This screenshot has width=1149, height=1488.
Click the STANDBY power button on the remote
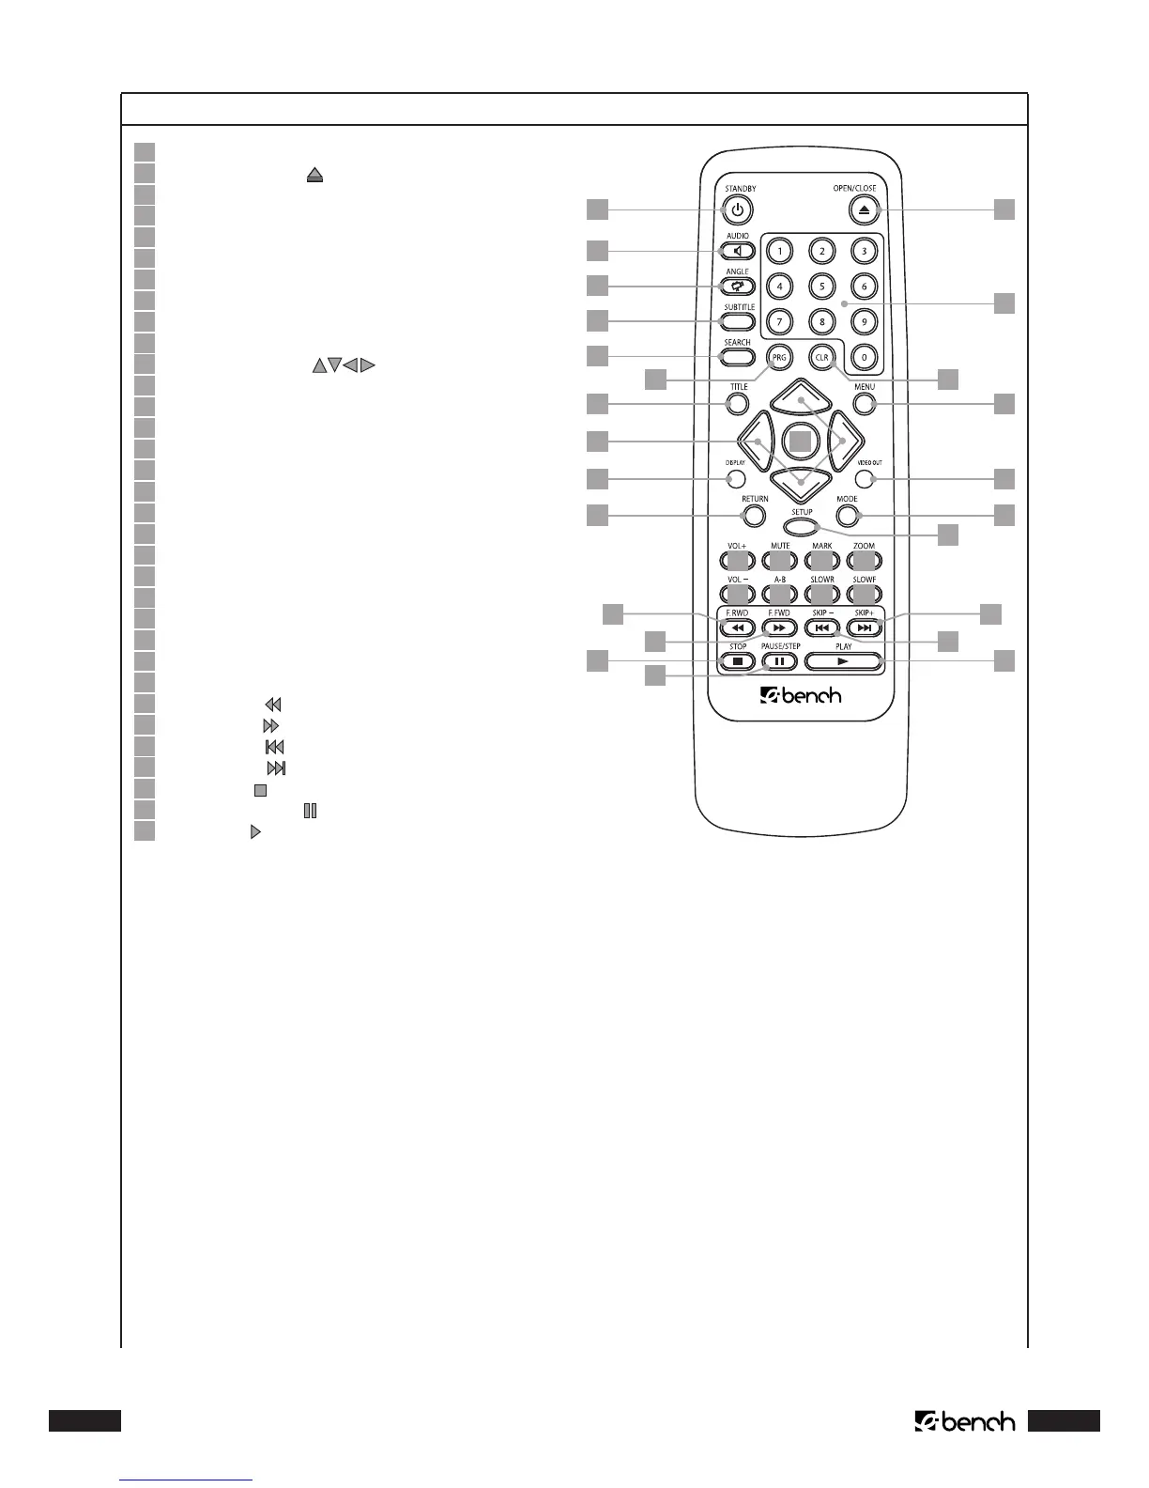click(738, 211)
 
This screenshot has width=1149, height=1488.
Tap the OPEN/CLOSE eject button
click(864, 210)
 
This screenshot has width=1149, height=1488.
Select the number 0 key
click(864, 357)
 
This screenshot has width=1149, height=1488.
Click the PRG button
click(779, 357)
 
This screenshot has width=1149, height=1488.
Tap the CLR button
click(822, 357)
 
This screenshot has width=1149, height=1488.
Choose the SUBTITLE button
click(738, 321)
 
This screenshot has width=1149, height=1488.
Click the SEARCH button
click(738, 357)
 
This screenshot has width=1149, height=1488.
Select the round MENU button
click(865, 404)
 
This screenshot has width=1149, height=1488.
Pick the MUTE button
click(779, 561)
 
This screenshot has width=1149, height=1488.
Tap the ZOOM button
click(864, 561)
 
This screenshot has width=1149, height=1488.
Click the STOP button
click(738, 661)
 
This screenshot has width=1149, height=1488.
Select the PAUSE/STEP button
click(779, 661)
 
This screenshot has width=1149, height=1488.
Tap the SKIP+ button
click(865, 628)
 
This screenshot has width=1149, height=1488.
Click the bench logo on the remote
click(801, 696)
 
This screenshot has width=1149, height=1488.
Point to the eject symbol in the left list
click(314, 174)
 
